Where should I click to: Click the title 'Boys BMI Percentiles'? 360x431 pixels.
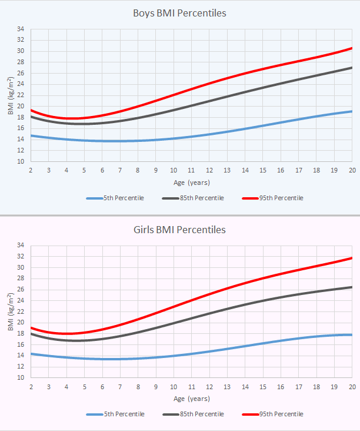tap(180, 13)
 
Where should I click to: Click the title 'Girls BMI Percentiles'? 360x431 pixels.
tap(180, 229)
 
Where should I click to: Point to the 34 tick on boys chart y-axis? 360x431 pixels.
tap(21, 29)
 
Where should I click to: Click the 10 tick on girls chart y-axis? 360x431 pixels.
tap(21, 377)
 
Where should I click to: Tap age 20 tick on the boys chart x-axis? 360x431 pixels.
tap(352, 170)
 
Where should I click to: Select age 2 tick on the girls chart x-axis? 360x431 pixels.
tap(31, 386)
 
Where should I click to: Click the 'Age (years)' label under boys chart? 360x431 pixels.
tap(191, 183)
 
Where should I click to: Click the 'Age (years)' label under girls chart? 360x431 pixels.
tap(191, 399)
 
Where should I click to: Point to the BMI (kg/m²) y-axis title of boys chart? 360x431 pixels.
tap(11, 95)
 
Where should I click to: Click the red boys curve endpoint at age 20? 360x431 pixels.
tap(352, 48)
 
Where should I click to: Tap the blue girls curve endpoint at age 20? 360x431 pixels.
tap(352, 334)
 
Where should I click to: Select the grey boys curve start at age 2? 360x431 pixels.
tap(31, 116)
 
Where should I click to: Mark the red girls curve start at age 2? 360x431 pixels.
tap(31, 327)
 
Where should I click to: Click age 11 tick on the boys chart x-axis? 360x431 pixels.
tap(191, 170)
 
